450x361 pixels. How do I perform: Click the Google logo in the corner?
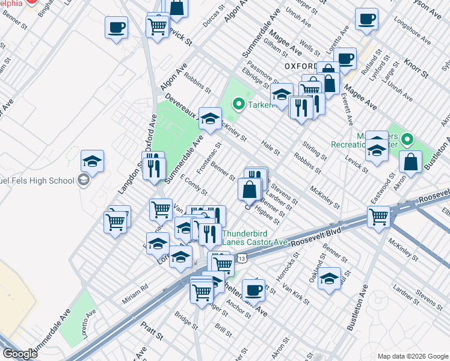pyautogui.click(x=20, y=354)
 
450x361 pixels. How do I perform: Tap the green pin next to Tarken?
pyautogui.click(x=238, y=105)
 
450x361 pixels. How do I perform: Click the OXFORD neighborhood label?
pyautogui.click(x=300, y=66)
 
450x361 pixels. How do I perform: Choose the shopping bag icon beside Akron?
pyautogui.click(x=410, y=162)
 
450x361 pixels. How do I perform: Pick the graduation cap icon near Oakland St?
pyautogui.click(x=329, y=279)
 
